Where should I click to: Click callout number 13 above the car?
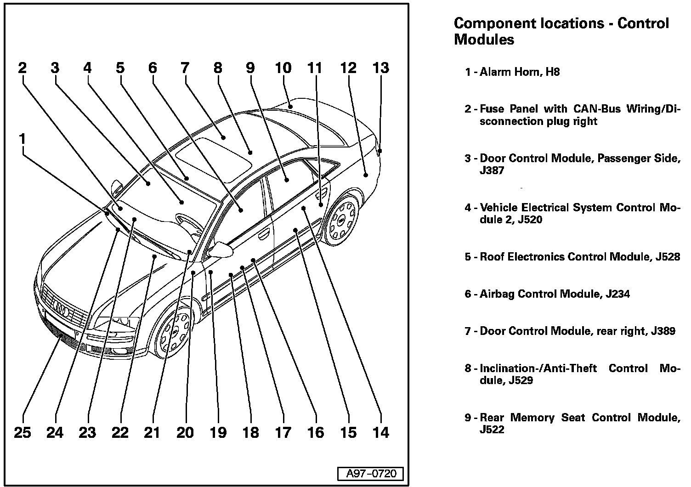coord(381,68)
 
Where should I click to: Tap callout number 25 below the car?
coord(22,432)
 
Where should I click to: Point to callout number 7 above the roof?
coord(185,68)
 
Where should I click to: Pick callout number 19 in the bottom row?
coord(218,432)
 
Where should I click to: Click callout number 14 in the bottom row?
coord(381,432)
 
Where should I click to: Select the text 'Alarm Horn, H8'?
coord(520,72)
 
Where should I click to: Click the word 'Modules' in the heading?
coord(484,40)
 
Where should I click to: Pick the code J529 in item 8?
coord(521,380)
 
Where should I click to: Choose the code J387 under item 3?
coord(492,170)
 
